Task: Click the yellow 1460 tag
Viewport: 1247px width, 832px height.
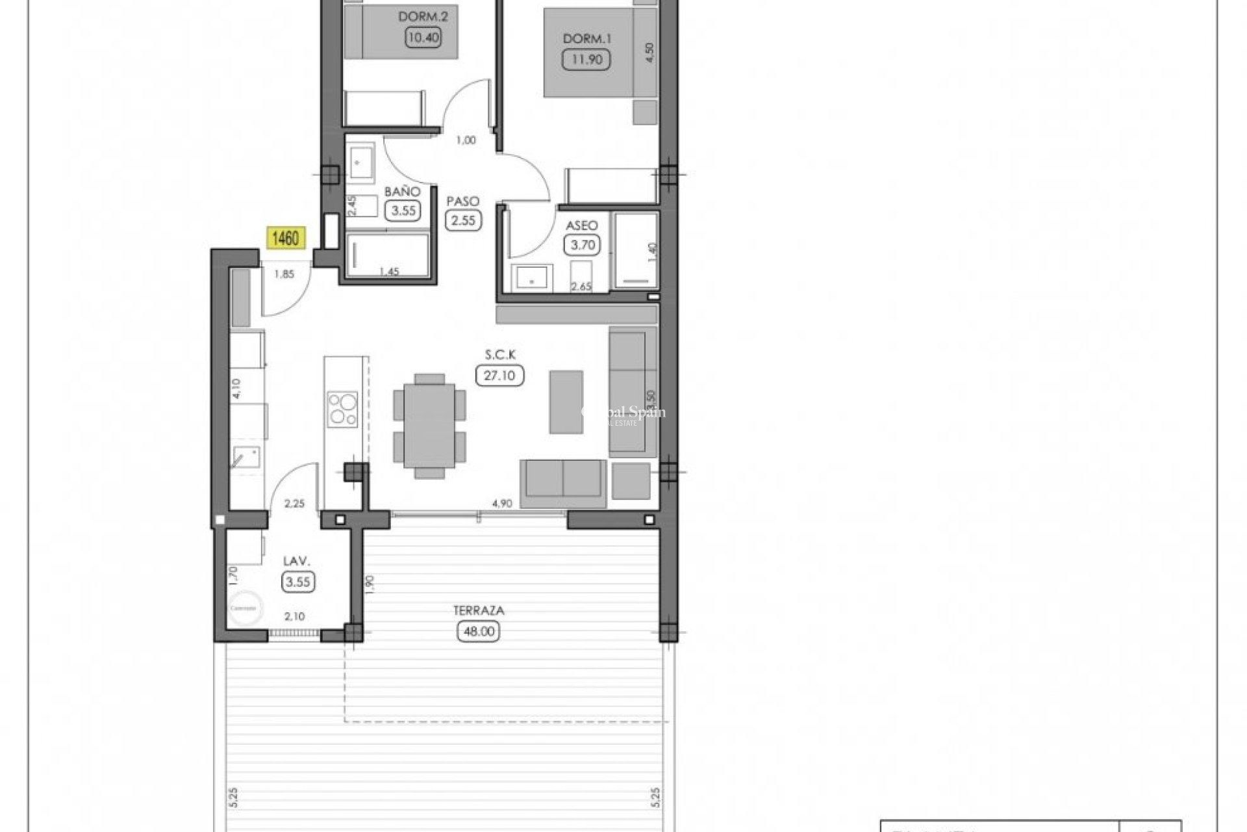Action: click(285, 239)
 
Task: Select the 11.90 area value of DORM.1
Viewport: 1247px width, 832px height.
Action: click(587, 60)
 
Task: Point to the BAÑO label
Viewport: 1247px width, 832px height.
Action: click(402, 192)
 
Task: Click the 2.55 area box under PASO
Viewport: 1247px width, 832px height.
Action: click(464, 220)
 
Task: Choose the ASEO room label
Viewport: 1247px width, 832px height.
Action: click(582, 226)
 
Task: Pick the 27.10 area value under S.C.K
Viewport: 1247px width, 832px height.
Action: click(499, 375)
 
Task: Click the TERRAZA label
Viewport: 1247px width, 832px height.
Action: click(479, 610)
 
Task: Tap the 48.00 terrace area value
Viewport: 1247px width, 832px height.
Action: click(479, 631)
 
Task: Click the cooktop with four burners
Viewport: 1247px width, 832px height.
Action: click(342, 409)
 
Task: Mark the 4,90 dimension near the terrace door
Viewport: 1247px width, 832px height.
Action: click(503, 503)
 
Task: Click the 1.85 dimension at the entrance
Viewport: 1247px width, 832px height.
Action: click(284, 274)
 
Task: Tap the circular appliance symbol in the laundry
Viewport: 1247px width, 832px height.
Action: click(246, 608)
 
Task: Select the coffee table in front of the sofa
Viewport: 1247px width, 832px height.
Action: click(566, 402)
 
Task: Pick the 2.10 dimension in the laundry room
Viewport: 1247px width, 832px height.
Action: click(294, 616)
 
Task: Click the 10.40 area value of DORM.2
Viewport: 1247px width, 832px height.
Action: click(423, 37)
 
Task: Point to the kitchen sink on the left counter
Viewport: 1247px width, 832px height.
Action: click(246, 458)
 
